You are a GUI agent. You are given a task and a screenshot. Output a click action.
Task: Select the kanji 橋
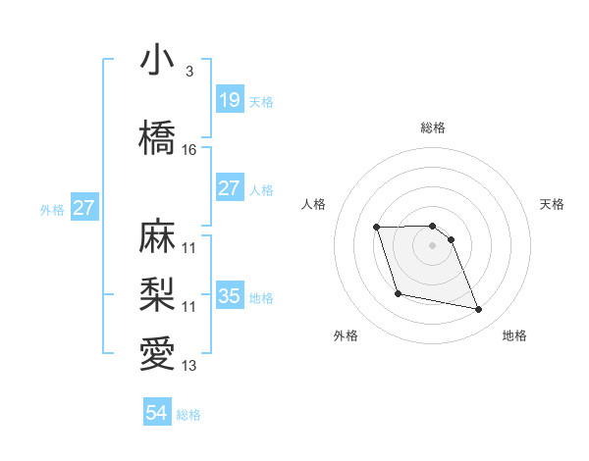[158, 138]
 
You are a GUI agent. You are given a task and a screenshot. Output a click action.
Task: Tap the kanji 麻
[158, 236]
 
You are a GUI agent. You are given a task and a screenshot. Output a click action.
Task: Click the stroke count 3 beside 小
[188, 72]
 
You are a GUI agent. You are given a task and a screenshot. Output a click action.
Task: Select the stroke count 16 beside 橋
[189, 150]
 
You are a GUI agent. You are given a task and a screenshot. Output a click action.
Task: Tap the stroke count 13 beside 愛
[189, 366]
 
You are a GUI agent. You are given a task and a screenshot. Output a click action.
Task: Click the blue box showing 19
[229, 100]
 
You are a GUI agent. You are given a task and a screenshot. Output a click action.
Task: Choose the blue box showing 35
[229, 296]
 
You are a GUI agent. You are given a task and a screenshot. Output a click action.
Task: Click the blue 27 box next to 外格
[84, 208]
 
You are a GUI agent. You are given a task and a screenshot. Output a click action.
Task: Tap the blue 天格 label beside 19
[261, 102]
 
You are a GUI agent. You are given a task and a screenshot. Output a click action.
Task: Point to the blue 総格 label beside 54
[188, 416]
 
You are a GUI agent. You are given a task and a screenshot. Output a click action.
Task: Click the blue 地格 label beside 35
[261, 298]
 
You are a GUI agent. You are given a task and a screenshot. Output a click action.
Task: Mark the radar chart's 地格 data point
[478, 310]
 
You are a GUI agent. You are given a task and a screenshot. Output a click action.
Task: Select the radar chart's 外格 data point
[397, 293]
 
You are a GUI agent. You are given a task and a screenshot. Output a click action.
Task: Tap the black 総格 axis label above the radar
[432, 128]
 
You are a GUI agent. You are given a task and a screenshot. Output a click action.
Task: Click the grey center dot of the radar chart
[432, 245]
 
